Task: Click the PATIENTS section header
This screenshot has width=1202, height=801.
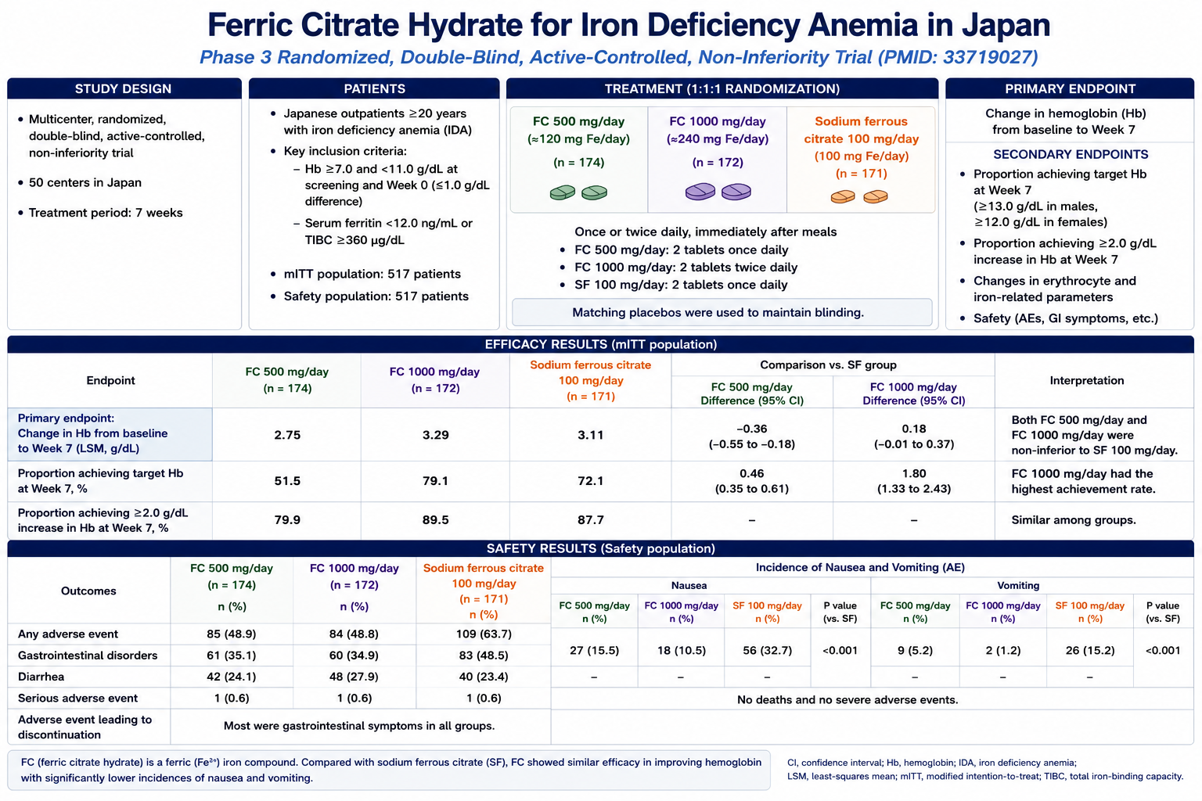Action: pyautogui.click(x=374, y=88)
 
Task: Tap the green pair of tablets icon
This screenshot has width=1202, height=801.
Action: pyautogui.click(x=578, y=192)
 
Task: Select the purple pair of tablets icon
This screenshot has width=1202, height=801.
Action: pyautogui.click(x=718, y=192)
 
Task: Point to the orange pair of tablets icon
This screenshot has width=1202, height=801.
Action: pyautogui.click(x=859, y=196)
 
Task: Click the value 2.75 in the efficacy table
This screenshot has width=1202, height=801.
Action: pyautogui.click(x=287, y=435)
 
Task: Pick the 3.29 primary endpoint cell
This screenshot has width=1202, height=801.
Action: pyautogui.click(x=435, y=435)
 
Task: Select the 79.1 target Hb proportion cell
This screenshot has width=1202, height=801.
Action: pyautogui.click(x=435, y=481)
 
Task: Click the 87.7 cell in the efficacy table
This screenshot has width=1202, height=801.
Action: pyautogui.click(x=590, y=520)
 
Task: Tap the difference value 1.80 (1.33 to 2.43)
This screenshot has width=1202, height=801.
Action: pyautogui.click(x=914, y=481)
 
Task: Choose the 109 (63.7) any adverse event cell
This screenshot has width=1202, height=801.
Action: pyautogui.click(x=484, y=634)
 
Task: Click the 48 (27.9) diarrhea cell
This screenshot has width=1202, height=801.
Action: pyautogui.click(x=354, y=677)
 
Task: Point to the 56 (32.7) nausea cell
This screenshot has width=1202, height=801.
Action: pyautogui.click(x=767, y=650)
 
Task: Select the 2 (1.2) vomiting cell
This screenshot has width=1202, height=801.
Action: pyautogui.click(x=1002, y=650)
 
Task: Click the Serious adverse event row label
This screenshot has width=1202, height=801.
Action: pyautogui.click(x=77, y=698)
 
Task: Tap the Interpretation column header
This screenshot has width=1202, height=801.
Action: pyautogui.click(x=1087, y=380)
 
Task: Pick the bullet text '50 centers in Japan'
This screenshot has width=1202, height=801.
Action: pyautogui.click(x=85, y=182)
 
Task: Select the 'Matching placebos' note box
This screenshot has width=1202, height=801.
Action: pyautogui.click(x=722, y=312)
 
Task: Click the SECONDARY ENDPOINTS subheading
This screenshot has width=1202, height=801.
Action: pyautogui.click(x=1071, y=155)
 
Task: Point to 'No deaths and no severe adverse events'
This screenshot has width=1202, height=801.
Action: pyautogui.click(x=848, y=699)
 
